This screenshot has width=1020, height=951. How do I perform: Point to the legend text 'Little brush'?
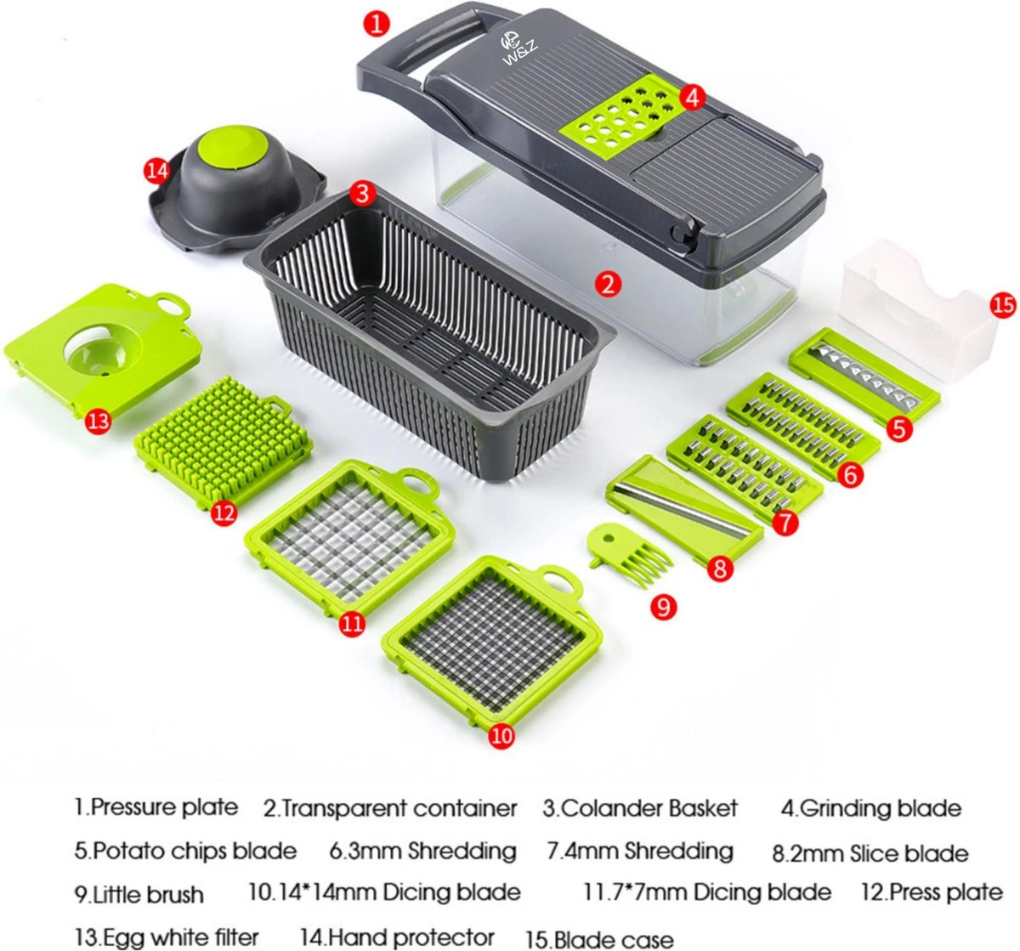click(148, 894)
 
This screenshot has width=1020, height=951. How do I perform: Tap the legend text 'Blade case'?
click(612, 939)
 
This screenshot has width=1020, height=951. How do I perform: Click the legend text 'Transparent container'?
click(399, 808)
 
